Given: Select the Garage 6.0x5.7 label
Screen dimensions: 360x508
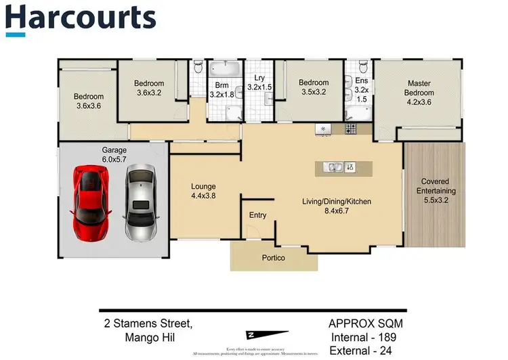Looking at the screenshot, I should coord(114,155).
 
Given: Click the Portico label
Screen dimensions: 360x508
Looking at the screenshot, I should coord(274,258).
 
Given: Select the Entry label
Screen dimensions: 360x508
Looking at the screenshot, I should coord(257,215).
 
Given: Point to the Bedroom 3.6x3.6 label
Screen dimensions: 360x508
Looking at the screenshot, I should coord(89,102).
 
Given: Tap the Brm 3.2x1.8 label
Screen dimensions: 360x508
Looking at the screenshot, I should coord(221,91).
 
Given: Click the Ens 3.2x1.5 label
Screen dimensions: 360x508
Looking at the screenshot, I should coord(361,90).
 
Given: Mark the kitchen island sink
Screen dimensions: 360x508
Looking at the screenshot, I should coord(334,166).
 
